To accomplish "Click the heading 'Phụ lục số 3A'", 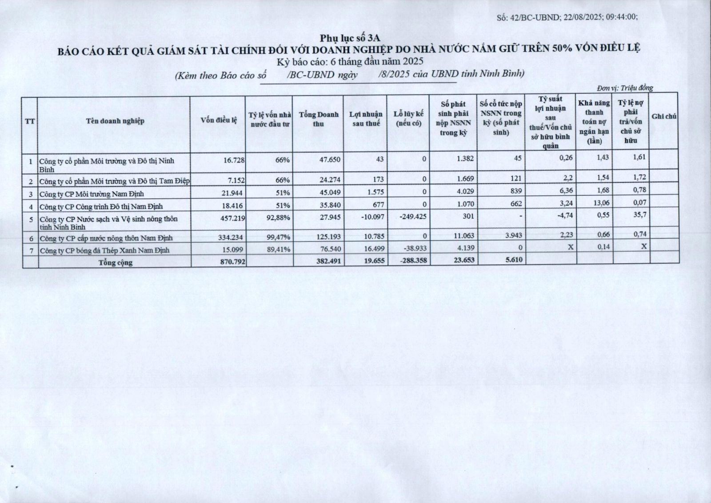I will tap(350, 38).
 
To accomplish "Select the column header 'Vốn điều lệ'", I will tap(219, 120).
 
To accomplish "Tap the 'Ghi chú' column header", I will tap(664, 117).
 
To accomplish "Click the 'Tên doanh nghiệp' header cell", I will tap(115, 121).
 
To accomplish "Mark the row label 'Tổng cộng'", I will tap(116, 262).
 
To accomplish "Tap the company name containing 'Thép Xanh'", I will tap(104, 250).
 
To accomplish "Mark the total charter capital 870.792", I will tap(232, 262).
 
